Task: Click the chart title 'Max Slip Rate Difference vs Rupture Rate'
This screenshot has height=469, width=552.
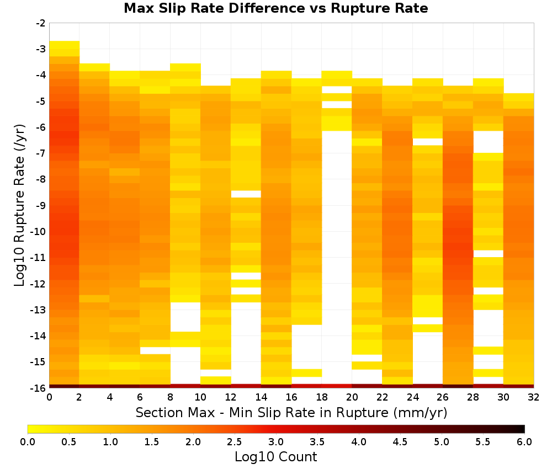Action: (275, 8)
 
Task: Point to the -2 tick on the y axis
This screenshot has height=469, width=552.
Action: (41, 23)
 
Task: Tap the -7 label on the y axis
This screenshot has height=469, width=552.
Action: (41, 153)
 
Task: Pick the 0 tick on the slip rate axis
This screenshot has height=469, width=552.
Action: (49, 397)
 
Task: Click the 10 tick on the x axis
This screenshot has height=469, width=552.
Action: (200, 397)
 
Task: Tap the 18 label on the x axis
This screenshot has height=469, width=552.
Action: (322, 397)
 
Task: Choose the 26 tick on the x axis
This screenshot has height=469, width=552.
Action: (443, 397)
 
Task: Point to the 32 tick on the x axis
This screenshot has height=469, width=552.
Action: (533, 397)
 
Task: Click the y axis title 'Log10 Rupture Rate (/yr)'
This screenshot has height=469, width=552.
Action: (20, 205)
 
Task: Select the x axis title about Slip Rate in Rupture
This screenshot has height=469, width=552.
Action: (291, 412)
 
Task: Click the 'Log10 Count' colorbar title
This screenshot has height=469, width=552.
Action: (275, 457)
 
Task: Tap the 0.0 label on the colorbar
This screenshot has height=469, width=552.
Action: (28, 442)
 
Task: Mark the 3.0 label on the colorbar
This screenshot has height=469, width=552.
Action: (276, 442)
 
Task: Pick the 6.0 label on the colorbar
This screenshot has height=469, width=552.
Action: (524, 442)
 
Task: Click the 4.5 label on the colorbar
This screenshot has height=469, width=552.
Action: (400, 442)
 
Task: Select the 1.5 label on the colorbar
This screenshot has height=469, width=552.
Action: (152, 442)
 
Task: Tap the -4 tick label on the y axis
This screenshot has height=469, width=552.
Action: (41, 75)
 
